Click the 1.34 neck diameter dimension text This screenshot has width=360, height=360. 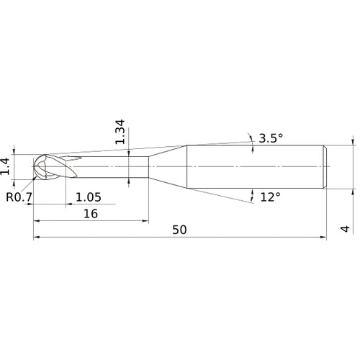pyautogui.click(x=121, y=132)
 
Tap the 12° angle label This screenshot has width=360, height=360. pyautogui.click(x=269, y=196)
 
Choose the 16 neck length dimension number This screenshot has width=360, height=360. pyautogui.click(x=90, y=214)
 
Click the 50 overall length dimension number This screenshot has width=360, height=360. pyautogui.click(x=180, y=230)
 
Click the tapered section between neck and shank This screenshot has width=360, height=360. pyautogui.click(x=168, y=166)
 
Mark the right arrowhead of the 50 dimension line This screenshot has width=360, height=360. pyautogui.click(x=326, y=237)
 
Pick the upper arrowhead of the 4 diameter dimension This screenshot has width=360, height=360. pyautogui.click(x=353, y=142)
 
